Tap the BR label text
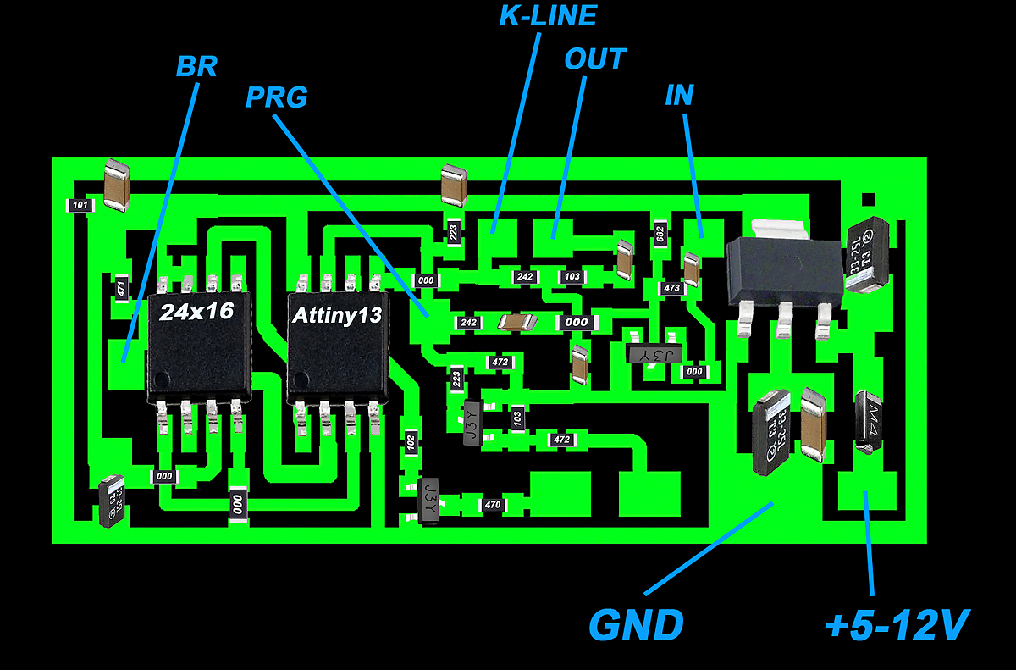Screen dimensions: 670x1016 [x=196, y=67]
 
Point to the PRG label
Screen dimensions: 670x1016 [x=276, y=97]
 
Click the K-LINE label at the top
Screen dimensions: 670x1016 [x=548, y=15]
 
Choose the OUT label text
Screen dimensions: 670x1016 [x=594, y=59]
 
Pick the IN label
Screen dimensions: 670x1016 [x=679, y=95]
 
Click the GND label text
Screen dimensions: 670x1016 [x=636, y=625]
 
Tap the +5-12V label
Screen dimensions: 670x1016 [x=896, y=625]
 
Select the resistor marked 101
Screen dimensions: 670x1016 [x=80, y=206]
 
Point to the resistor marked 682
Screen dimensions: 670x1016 [x=660, y=232]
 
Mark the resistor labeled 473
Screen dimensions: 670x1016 [x=671, y=289]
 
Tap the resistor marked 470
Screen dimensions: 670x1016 [x=491, y=505]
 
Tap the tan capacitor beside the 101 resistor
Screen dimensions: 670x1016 [x=116, y=185]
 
